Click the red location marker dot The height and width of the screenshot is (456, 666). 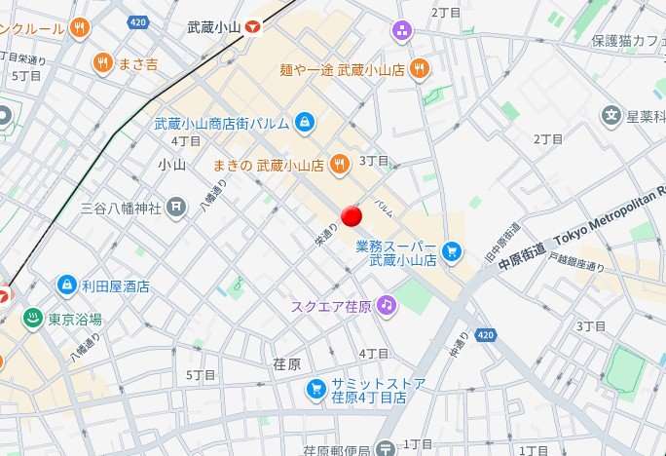click(x=352, y=215)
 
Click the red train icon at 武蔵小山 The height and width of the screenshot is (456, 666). click(x=253, y=28)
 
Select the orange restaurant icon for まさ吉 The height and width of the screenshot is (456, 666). click(x=102, y=64)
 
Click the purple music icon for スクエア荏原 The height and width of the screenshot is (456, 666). click(x=387, y=305)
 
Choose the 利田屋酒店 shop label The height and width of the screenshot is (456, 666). click(x=115, y=285)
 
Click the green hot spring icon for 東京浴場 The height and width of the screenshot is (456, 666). click(x=32, y=319)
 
